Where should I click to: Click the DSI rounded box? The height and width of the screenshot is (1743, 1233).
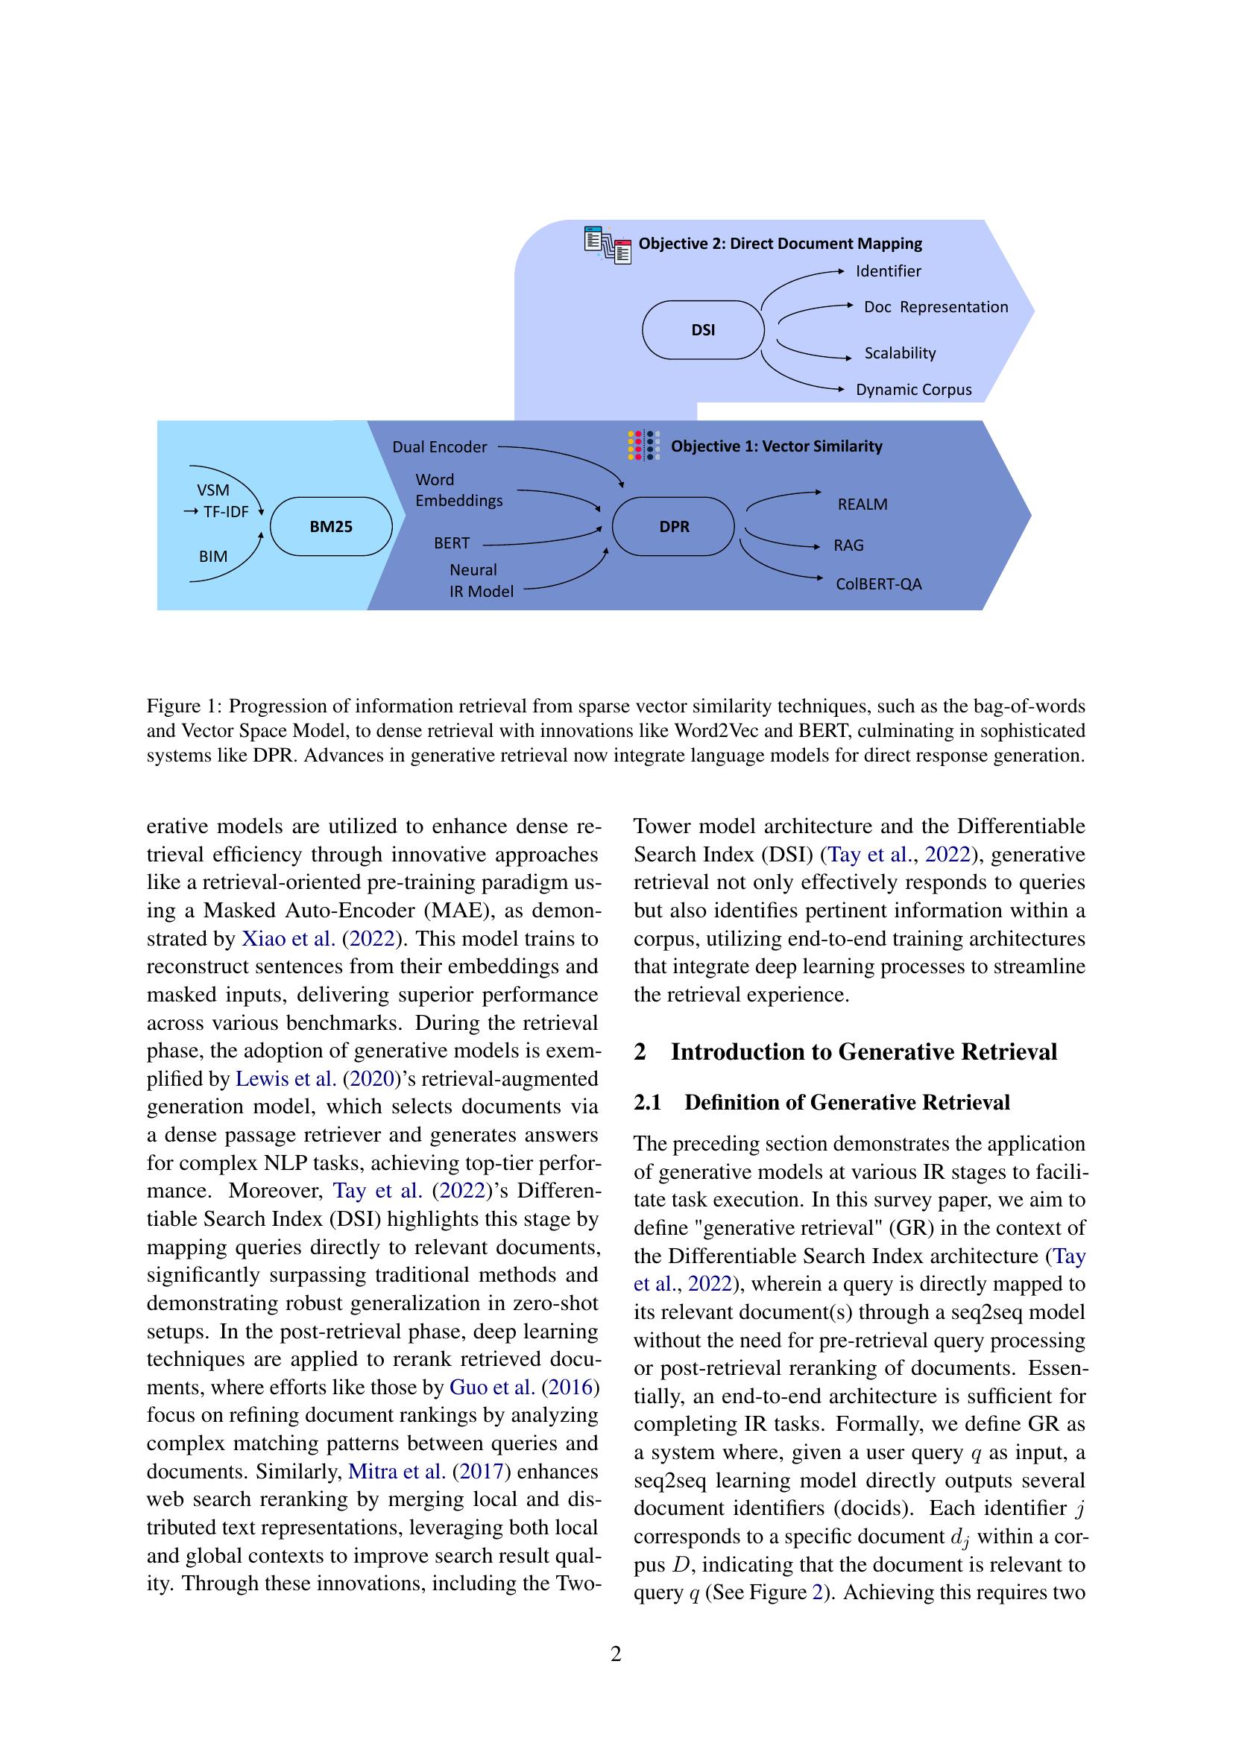[702, 330]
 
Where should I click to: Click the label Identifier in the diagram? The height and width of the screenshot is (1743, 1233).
[889, 271]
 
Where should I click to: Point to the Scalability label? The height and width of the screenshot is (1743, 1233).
[900, 353]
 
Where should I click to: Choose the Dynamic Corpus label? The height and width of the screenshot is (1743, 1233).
[913, 390]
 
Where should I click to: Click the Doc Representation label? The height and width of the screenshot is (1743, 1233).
[936, 307]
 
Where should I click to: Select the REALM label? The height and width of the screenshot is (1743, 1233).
[862, 504]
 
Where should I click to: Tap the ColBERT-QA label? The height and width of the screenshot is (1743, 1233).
[878, 584]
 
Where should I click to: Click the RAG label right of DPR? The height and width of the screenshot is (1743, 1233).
[848, 545]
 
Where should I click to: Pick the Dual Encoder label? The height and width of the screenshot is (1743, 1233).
[439, 447]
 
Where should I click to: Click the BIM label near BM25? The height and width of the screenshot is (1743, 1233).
[212, 557]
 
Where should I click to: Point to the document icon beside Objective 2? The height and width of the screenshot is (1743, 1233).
[608, 244]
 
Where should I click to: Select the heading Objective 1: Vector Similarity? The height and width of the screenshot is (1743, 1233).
[776, 446]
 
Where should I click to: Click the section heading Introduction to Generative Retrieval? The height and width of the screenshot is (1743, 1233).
[863, 1052]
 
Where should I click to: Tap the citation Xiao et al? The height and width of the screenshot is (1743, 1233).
[288, 939]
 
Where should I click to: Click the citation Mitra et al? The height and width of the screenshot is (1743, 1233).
[397, 1472]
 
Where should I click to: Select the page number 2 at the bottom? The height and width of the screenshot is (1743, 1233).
[616, 1654]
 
